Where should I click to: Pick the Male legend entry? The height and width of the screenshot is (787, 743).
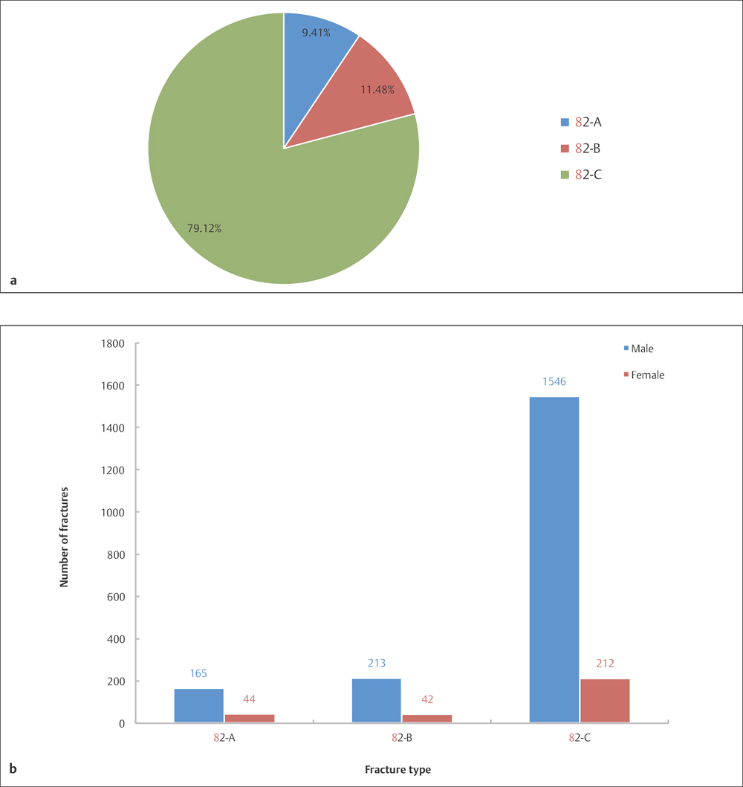(641, 348)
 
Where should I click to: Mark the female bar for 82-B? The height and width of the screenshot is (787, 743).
(426, 718)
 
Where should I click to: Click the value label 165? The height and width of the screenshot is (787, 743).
(198, 674)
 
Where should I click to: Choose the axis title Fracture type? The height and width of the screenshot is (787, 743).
(398, 770)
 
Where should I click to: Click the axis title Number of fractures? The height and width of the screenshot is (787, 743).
(65, 533)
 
